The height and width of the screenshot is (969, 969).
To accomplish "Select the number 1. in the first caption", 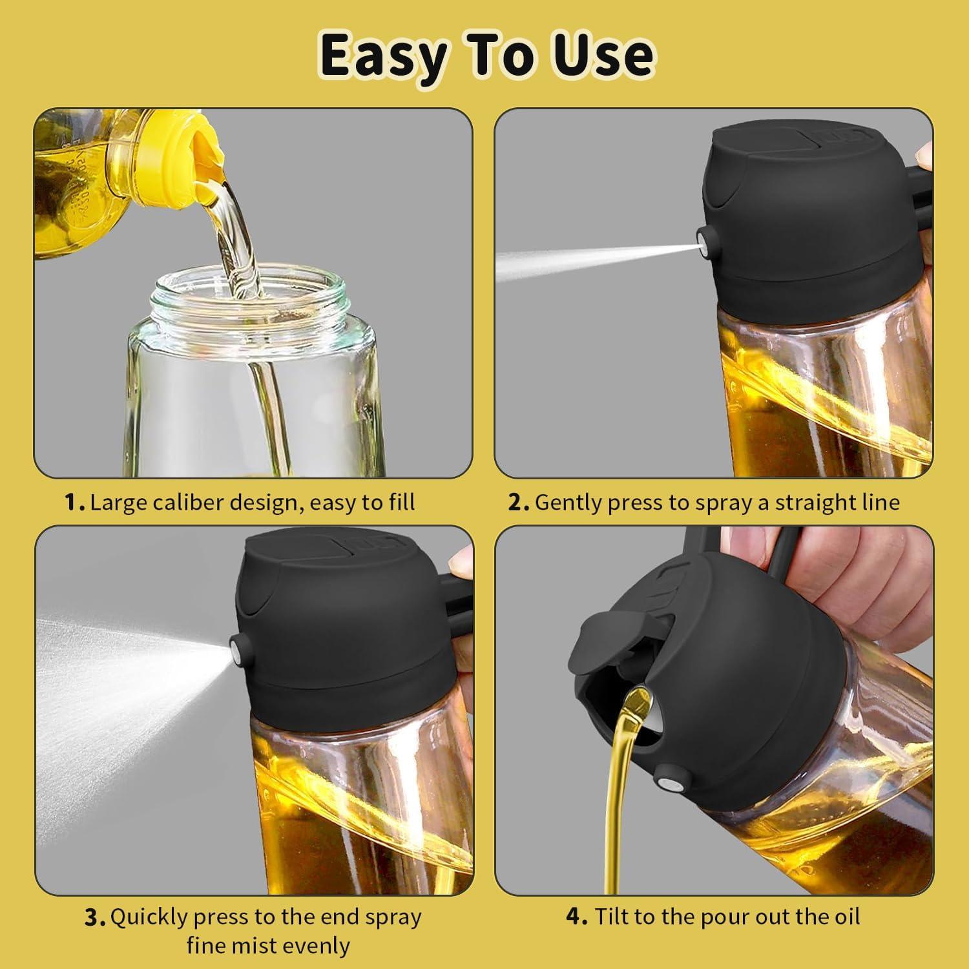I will pyautogui.click(x=76, y=503).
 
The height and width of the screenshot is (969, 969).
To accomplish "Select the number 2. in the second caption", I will pyautogui.click(x=519, y=503).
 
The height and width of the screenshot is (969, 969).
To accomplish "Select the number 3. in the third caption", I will pyautogui.click(x=96, y=918).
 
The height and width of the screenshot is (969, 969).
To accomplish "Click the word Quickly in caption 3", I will pyautogui.click(x=148, y=918).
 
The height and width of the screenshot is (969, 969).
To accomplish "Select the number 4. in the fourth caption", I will pyautogui.click(x=577, y=917).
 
